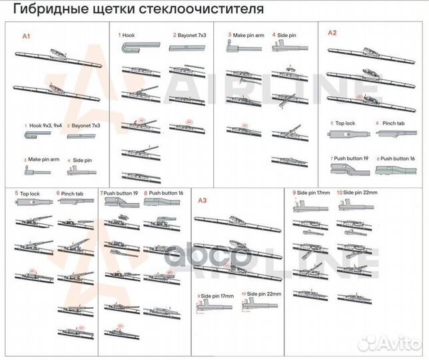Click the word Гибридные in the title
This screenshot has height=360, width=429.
[x=45, y=10]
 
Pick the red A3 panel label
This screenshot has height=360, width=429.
[x=203, y=199]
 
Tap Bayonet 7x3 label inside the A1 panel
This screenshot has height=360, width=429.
[x=87, y=125]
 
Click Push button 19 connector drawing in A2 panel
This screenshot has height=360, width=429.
[x=349, y=169]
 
